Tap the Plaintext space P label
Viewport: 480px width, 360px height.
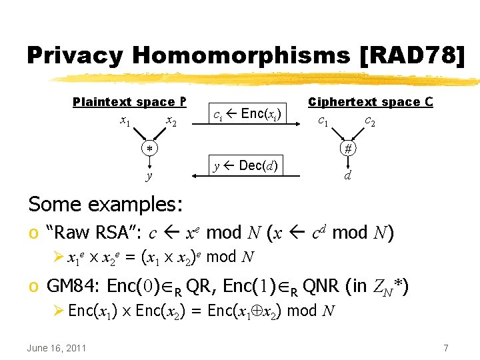[x=129, y=102]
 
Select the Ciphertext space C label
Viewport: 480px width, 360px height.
[x=371, y=102]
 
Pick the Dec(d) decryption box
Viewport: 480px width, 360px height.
[x=246, y=165]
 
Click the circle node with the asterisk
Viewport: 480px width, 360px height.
[x=150, y=148]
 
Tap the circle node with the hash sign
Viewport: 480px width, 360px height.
[x=347, y=149]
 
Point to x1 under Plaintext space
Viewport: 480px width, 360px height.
[x=125, y=121]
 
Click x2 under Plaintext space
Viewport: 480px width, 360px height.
[x=171, y=121]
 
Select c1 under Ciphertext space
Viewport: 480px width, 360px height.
[x=323, y=121]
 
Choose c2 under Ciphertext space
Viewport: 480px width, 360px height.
[x=369, y=121]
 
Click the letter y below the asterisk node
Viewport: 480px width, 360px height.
[x=149, y=175]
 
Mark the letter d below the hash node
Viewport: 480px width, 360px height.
[x=347, y=176]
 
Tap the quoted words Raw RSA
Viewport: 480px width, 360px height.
[x=93, y=233]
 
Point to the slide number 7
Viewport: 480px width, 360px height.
[x=445, y=348]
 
